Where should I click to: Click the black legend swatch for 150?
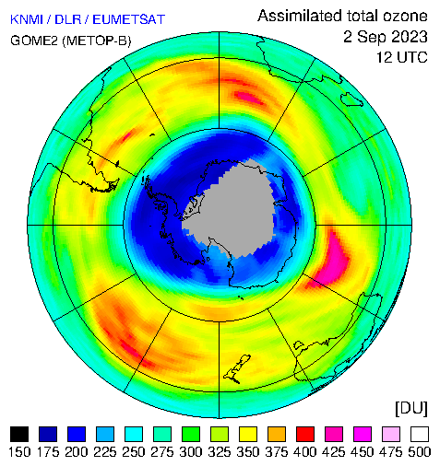click(19, 434)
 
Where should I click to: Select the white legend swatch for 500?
click(420, 434)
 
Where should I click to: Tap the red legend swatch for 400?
click(305, 434)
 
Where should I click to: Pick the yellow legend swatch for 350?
click(248, 434)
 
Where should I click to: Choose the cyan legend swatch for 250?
click(134, 434)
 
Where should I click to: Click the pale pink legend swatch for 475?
click(391, 434)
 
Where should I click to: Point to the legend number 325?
click(220, 452)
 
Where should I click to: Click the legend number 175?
click(48, 452)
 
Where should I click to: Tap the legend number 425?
click(334, 452)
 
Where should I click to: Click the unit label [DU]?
click(411, 409)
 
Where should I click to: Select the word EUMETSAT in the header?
click(129, 19)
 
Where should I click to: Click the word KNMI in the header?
click(27, 19)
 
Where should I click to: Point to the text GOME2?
click(34, 41)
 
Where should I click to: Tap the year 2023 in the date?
click(410, 37)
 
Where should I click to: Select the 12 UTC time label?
click(402, 57)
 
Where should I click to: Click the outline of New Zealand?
click(237, 368)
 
